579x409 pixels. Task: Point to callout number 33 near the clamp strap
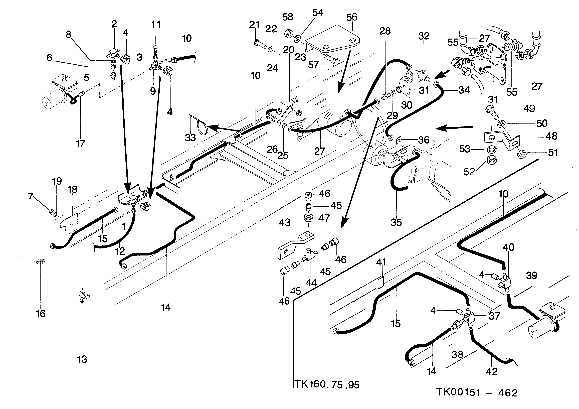tap(190, 138)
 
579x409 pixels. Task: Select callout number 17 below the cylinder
tap(81, 144)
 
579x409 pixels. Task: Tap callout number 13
tap(82, 359)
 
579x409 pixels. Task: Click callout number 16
tap(41, 314)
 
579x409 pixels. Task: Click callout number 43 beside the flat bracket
tap(284, 223)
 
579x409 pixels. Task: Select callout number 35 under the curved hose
tap(396, 223)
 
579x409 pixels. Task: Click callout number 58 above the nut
tap(287, 17)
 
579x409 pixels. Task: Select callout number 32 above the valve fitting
tap(424, 36)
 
